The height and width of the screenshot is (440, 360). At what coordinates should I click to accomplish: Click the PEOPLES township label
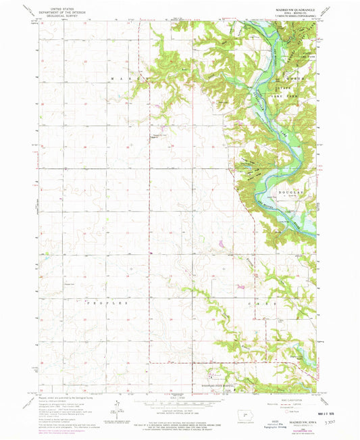coord(105,303)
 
